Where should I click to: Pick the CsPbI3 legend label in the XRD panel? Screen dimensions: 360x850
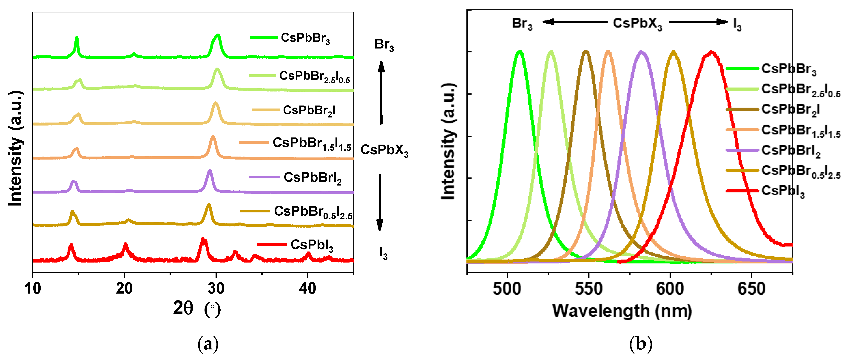312,245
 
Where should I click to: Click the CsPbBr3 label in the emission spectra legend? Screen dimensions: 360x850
789,69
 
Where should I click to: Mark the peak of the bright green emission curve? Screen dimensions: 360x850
520,51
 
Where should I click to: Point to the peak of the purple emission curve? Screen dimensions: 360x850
641,51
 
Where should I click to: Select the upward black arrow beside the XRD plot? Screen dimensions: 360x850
381,92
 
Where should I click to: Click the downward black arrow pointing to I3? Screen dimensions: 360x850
380,202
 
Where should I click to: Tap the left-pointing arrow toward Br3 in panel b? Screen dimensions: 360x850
574,22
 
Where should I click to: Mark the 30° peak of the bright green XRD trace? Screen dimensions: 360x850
217,35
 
